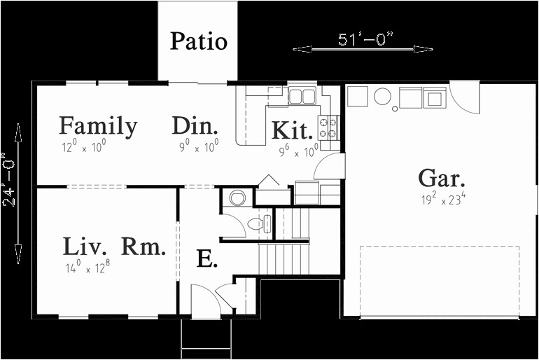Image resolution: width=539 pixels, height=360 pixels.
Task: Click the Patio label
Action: pyautogui.click(x=199, y=41)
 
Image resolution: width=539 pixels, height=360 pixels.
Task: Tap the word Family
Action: pyautogui.click(x=98, y=126)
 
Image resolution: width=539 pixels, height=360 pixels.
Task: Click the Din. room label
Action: pyautogui.click(x=195, y=127)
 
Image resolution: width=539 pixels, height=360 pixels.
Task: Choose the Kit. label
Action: pyautogui.click(x=292, y=131)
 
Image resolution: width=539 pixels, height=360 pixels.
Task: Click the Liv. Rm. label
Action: pyautogui.click(x=114, y=247)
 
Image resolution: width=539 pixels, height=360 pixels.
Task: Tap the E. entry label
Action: pyautogui.click(x=207, y=259)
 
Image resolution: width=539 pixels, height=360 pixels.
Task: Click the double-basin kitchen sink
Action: pyautogui.click(x=302, y=96)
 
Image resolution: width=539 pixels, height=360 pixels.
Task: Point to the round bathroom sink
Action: pyautogui.click(x=237, y=198)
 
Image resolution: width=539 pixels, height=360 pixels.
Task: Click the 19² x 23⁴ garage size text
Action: pyautogui.click(x=444, y=200)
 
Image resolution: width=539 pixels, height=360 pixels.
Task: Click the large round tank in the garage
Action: pyautogui.click(x=382, y=96)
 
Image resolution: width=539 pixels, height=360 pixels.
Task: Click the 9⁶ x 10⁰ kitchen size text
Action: pyautogui.click(x=299, y=149)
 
